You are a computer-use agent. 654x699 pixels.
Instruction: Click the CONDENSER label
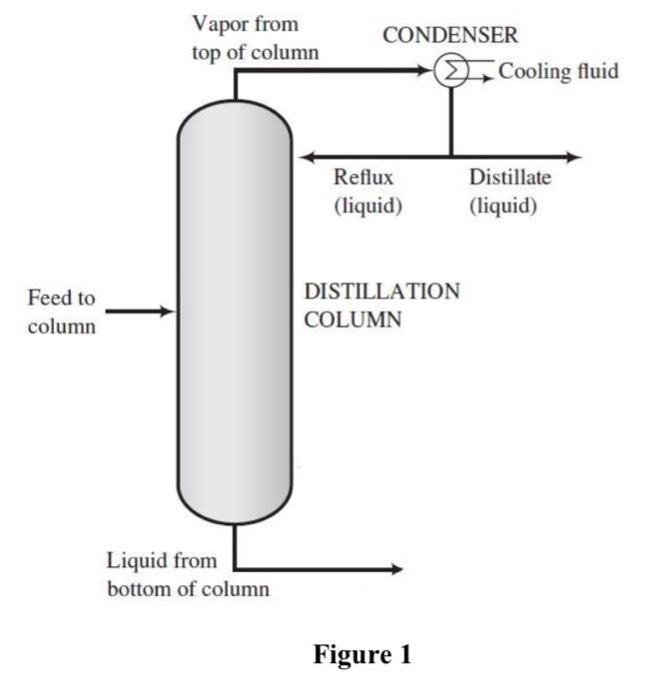(x=451, y=36)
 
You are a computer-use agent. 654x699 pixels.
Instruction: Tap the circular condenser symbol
(x=450, y=72)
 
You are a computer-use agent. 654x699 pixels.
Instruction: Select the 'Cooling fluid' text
(x=558, y=72)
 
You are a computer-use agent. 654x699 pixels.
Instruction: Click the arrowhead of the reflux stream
(x=307, y=157)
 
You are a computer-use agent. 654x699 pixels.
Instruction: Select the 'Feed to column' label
(x=62, y=312)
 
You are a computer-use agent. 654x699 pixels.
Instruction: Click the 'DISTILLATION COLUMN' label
(x=381, y=306)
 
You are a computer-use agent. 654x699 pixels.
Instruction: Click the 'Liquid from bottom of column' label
(x=188, y=574)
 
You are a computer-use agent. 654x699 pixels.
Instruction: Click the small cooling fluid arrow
(x=487, y=79)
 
